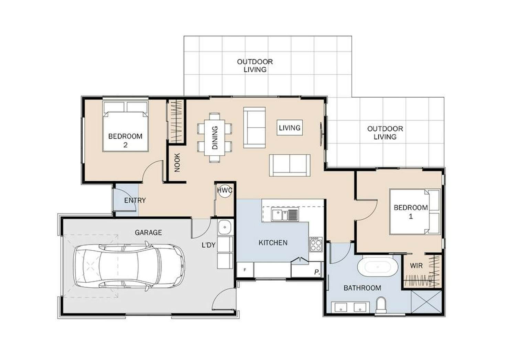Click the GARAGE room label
148,232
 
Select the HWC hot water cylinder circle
225,190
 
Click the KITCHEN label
273,243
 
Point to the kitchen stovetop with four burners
316,244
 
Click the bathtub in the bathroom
378,267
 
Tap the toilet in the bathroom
381,305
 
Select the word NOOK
177,163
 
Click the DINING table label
215,138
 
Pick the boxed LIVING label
290,128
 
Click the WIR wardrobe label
416,265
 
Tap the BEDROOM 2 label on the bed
125,141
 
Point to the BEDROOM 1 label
411,212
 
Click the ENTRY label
135,200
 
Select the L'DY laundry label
208,245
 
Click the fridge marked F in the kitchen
245,270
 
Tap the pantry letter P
317,272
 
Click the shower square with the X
426,302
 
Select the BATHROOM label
362,288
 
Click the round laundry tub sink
225,227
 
